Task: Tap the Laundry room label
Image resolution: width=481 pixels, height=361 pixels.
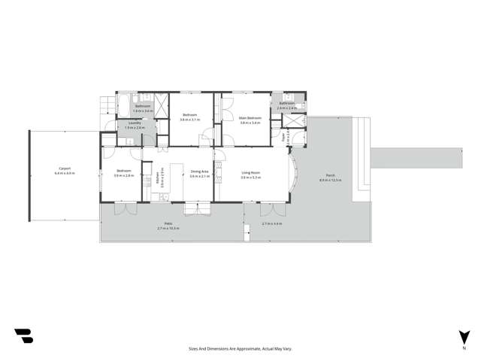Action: tap(135, 123)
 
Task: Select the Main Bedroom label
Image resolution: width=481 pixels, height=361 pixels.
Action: tap(250, 117)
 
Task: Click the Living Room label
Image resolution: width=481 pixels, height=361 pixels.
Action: tap(250, 172)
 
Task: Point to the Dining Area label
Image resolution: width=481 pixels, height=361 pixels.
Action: tap(199, 172)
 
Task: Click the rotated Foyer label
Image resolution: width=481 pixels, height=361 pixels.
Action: tap(283, 137)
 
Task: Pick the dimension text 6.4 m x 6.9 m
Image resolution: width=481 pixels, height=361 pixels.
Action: tap(64, 173)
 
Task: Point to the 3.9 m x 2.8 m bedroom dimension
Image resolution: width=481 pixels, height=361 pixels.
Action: tap(123, 176)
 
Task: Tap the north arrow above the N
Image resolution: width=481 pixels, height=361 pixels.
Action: tap(464, 336)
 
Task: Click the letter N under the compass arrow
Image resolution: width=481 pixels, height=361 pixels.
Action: tap(464, 349)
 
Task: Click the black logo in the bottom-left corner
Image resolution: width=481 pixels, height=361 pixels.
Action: tap(23, 335)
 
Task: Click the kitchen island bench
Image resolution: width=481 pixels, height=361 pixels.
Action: tap(177, 179)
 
